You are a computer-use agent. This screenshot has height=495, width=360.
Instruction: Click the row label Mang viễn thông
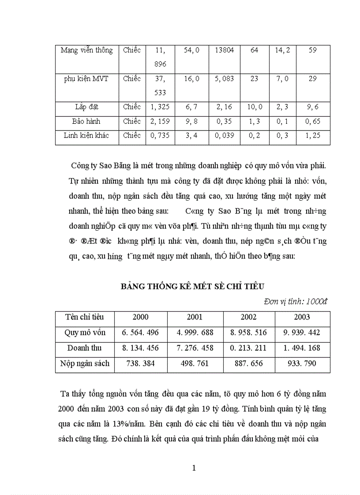(86, 50)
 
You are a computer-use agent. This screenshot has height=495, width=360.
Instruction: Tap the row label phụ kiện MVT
(86, 79)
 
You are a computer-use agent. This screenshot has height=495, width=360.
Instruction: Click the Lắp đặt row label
(86, 107)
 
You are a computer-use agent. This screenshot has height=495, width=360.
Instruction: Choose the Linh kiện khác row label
(86, 135)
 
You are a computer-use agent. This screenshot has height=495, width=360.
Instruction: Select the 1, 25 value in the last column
(313, 135)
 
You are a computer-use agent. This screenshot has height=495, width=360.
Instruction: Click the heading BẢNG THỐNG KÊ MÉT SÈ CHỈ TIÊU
(192, 287)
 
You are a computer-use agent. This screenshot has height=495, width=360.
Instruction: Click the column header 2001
(195, 317)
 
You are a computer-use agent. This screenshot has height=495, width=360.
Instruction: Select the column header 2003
(302, 317)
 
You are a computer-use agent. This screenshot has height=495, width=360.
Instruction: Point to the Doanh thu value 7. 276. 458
(195, 348)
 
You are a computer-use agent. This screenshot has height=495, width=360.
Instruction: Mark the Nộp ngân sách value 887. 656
(248, 364)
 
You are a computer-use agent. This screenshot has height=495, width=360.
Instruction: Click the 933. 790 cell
(302, 364)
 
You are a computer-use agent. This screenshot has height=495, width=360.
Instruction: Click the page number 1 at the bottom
(194, 468)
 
